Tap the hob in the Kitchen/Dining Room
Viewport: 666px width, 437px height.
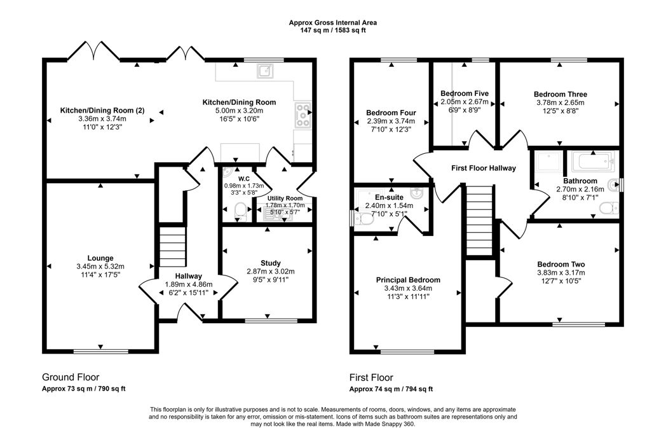[x=301, y=115]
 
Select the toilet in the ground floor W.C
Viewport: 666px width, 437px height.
[x=240, y=211]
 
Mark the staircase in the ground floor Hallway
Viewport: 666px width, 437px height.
[x=170, y=247]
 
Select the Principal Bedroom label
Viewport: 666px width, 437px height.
[x=408, y=280]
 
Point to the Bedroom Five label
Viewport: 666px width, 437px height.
[x=465, y=94]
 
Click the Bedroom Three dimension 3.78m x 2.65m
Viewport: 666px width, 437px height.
[x=560, y=102]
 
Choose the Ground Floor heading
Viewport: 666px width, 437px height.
[x=71, y=377]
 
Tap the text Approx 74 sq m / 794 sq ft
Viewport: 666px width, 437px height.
[x=391, y=389]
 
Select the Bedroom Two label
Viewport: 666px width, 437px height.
[x=561, y=265]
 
